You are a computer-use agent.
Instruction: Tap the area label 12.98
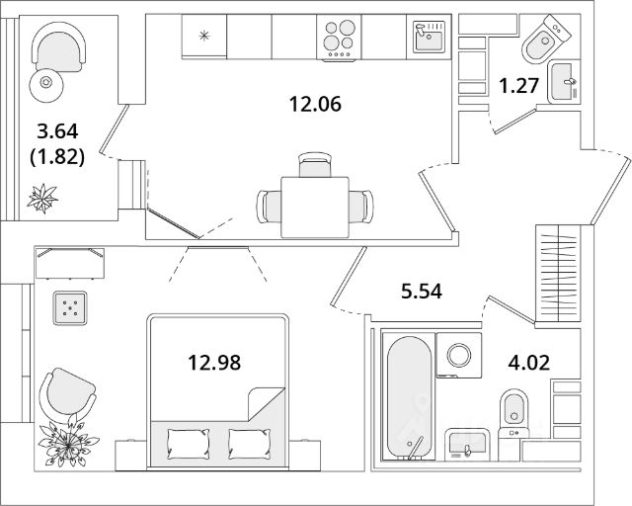214,362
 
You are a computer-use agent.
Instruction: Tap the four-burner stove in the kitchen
340,40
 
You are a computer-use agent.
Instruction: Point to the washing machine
459,358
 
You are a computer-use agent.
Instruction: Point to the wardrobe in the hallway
559,267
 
